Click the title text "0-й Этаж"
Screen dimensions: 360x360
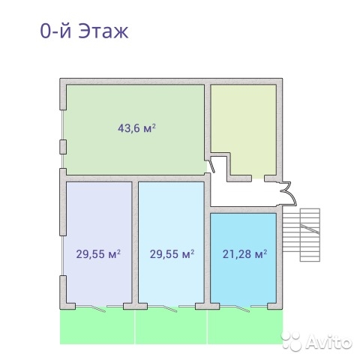pyautogui.click(x=84, y=31)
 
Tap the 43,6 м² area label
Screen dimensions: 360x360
pyautogui.click(x=136, y=128)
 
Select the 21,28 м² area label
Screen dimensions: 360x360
pyautogui.click(x=244, y=254)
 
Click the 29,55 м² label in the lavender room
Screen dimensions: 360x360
pyautogui.click(x=98, y=254)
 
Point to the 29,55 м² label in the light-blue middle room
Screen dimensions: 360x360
pyautogui.click(x=172, y=254)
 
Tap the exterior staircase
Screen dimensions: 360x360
pyautogui.click(x=301, y=235)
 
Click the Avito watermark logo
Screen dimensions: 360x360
pyautogui.click(x=316, y=341)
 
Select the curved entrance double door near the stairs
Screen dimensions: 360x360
pyautogui.click(x=289, y=193)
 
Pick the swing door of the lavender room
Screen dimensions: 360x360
pyautogui.click(x=98, y=308)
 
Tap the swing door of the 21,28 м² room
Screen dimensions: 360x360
pyautogui.click(x=242, y=308)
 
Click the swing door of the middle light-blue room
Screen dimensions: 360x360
pyautogui.click(x=170, y=308)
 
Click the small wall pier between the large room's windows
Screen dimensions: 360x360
pyautogui.click(x=63, y=147)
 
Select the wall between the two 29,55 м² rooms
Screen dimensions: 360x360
pyautogui.click(x=135, y=242)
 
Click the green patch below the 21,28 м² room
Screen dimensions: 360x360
pyautogui.click(x=245, y=326)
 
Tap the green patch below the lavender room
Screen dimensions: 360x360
pyautogui.click(x=97, y=326)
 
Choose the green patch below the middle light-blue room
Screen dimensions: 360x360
pyautogui.click(x=171, y=326)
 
